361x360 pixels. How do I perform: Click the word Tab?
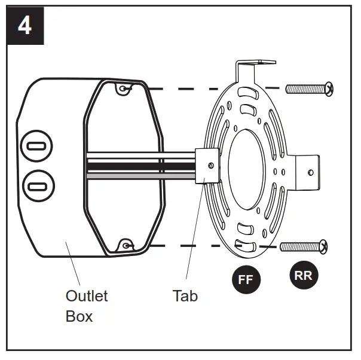pos(185,295)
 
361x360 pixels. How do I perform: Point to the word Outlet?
pos(87,295)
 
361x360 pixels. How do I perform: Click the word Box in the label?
pos(79,316)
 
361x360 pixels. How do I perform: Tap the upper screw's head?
pos(328,89)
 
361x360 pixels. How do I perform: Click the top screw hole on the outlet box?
pos(123,89)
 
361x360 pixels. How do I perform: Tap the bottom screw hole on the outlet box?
pos(125,245)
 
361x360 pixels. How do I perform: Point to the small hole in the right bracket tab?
pos(310,172)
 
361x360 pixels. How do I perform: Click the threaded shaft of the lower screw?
pos(299,246)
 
